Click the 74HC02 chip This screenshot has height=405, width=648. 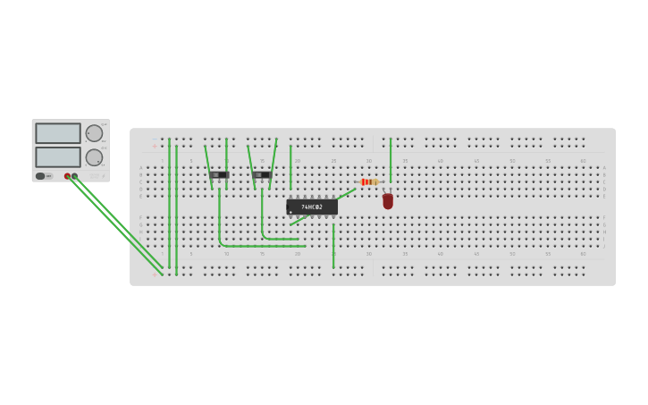[312, 207]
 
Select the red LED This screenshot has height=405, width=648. [388, 201]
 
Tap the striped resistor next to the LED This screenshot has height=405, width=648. [369, 181]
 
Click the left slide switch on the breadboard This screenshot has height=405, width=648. [219, 174]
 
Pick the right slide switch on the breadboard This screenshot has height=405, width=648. [262, 174]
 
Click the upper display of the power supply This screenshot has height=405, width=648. [58, 133]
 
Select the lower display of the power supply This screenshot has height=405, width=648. [58, 156]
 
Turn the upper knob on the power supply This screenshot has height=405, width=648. [94, 133]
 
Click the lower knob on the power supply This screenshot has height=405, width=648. [94, 157]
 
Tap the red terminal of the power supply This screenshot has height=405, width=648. [67, 176]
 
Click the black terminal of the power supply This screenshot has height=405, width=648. [74, 176]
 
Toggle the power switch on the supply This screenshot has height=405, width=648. [40, 176]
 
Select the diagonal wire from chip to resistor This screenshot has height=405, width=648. [346, 193]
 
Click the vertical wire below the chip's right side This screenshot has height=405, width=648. [333, 243]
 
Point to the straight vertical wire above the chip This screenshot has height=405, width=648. [290, 167]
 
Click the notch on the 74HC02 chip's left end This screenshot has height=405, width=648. [288, 207]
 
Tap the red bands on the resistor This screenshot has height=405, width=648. [366, 181]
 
